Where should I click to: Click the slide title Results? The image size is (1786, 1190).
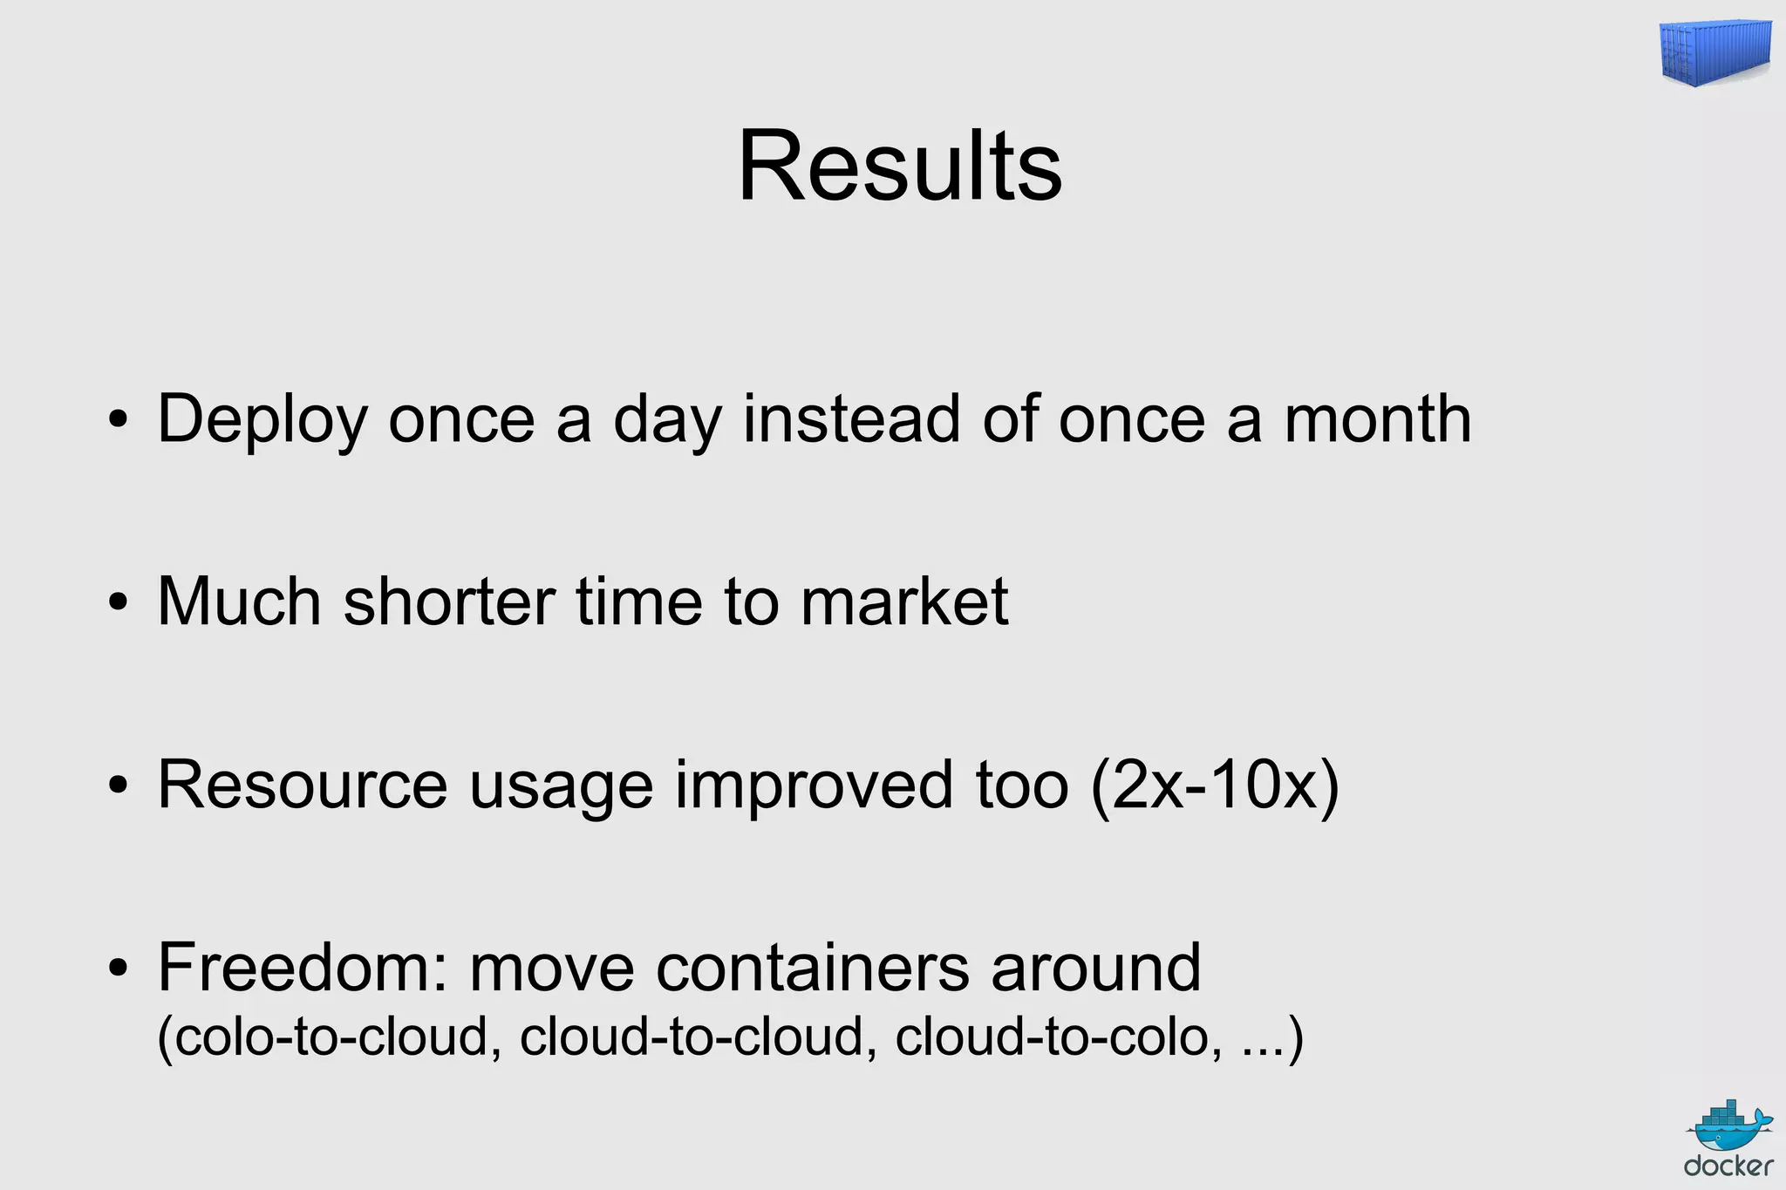[899, 166]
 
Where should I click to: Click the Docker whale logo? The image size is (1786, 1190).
[1729, 1139]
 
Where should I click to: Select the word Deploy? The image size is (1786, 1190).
[262, 420]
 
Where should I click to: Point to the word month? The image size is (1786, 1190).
[1378, 418]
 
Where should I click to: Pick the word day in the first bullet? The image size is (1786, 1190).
[667, 420]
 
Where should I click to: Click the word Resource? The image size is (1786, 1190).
[302, 785]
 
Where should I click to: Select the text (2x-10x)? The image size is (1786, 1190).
[1214, 785]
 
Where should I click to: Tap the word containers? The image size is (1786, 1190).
[812, 968]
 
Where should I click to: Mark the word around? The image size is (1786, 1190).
[1095, 968]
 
